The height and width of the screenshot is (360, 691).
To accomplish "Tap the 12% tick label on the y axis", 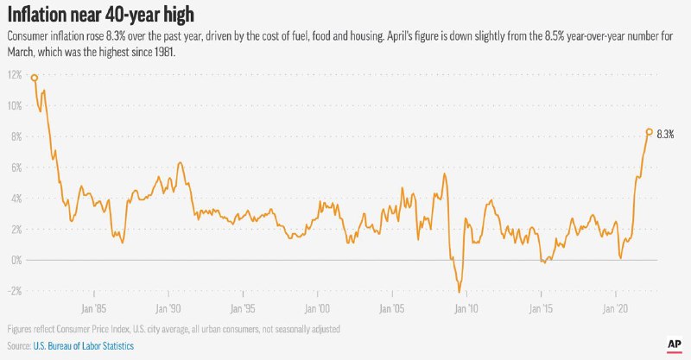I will click(x=15, y=75).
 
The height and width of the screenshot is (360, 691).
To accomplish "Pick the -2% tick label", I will click(x=15, y=291).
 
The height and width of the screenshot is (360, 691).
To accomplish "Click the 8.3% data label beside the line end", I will click(x=665, y=135).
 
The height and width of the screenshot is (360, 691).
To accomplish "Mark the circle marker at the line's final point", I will click(x=649, y=132).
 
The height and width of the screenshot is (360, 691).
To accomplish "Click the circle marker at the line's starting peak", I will click(x=35, y=78).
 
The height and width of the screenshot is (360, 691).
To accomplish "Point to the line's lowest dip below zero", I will click(x=459, y=291).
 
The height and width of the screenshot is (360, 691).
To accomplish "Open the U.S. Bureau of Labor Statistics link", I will click(x=84, y=344).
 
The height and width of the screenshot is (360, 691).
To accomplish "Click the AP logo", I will click(x=675, y=344).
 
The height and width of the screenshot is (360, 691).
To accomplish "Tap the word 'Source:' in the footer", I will click(x=18, y=344).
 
